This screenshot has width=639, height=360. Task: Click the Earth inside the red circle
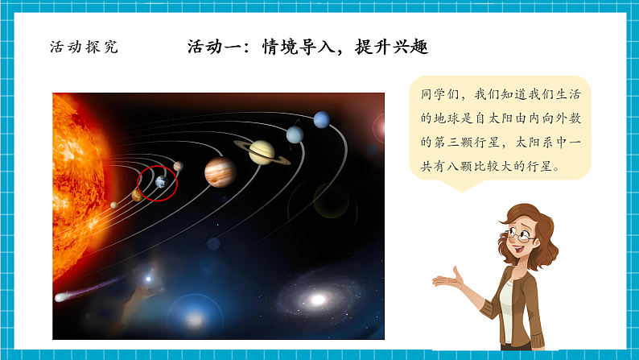point(160,182)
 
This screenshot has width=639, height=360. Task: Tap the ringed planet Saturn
point(261,151)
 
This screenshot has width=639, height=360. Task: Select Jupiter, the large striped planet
point(219,171)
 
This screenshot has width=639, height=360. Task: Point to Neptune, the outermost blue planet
point(321,120)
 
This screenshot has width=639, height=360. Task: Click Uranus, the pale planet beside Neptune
point(295,134)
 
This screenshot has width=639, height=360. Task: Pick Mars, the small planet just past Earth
point(178,167)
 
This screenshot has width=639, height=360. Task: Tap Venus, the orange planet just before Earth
point(137,195)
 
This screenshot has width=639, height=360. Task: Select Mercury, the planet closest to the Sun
point(114,205)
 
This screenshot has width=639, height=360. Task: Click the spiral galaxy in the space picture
point(317,300)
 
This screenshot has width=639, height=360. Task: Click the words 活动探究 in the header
point(84,47)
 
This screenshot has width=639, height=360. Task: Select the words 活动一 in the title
point(213,47)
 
